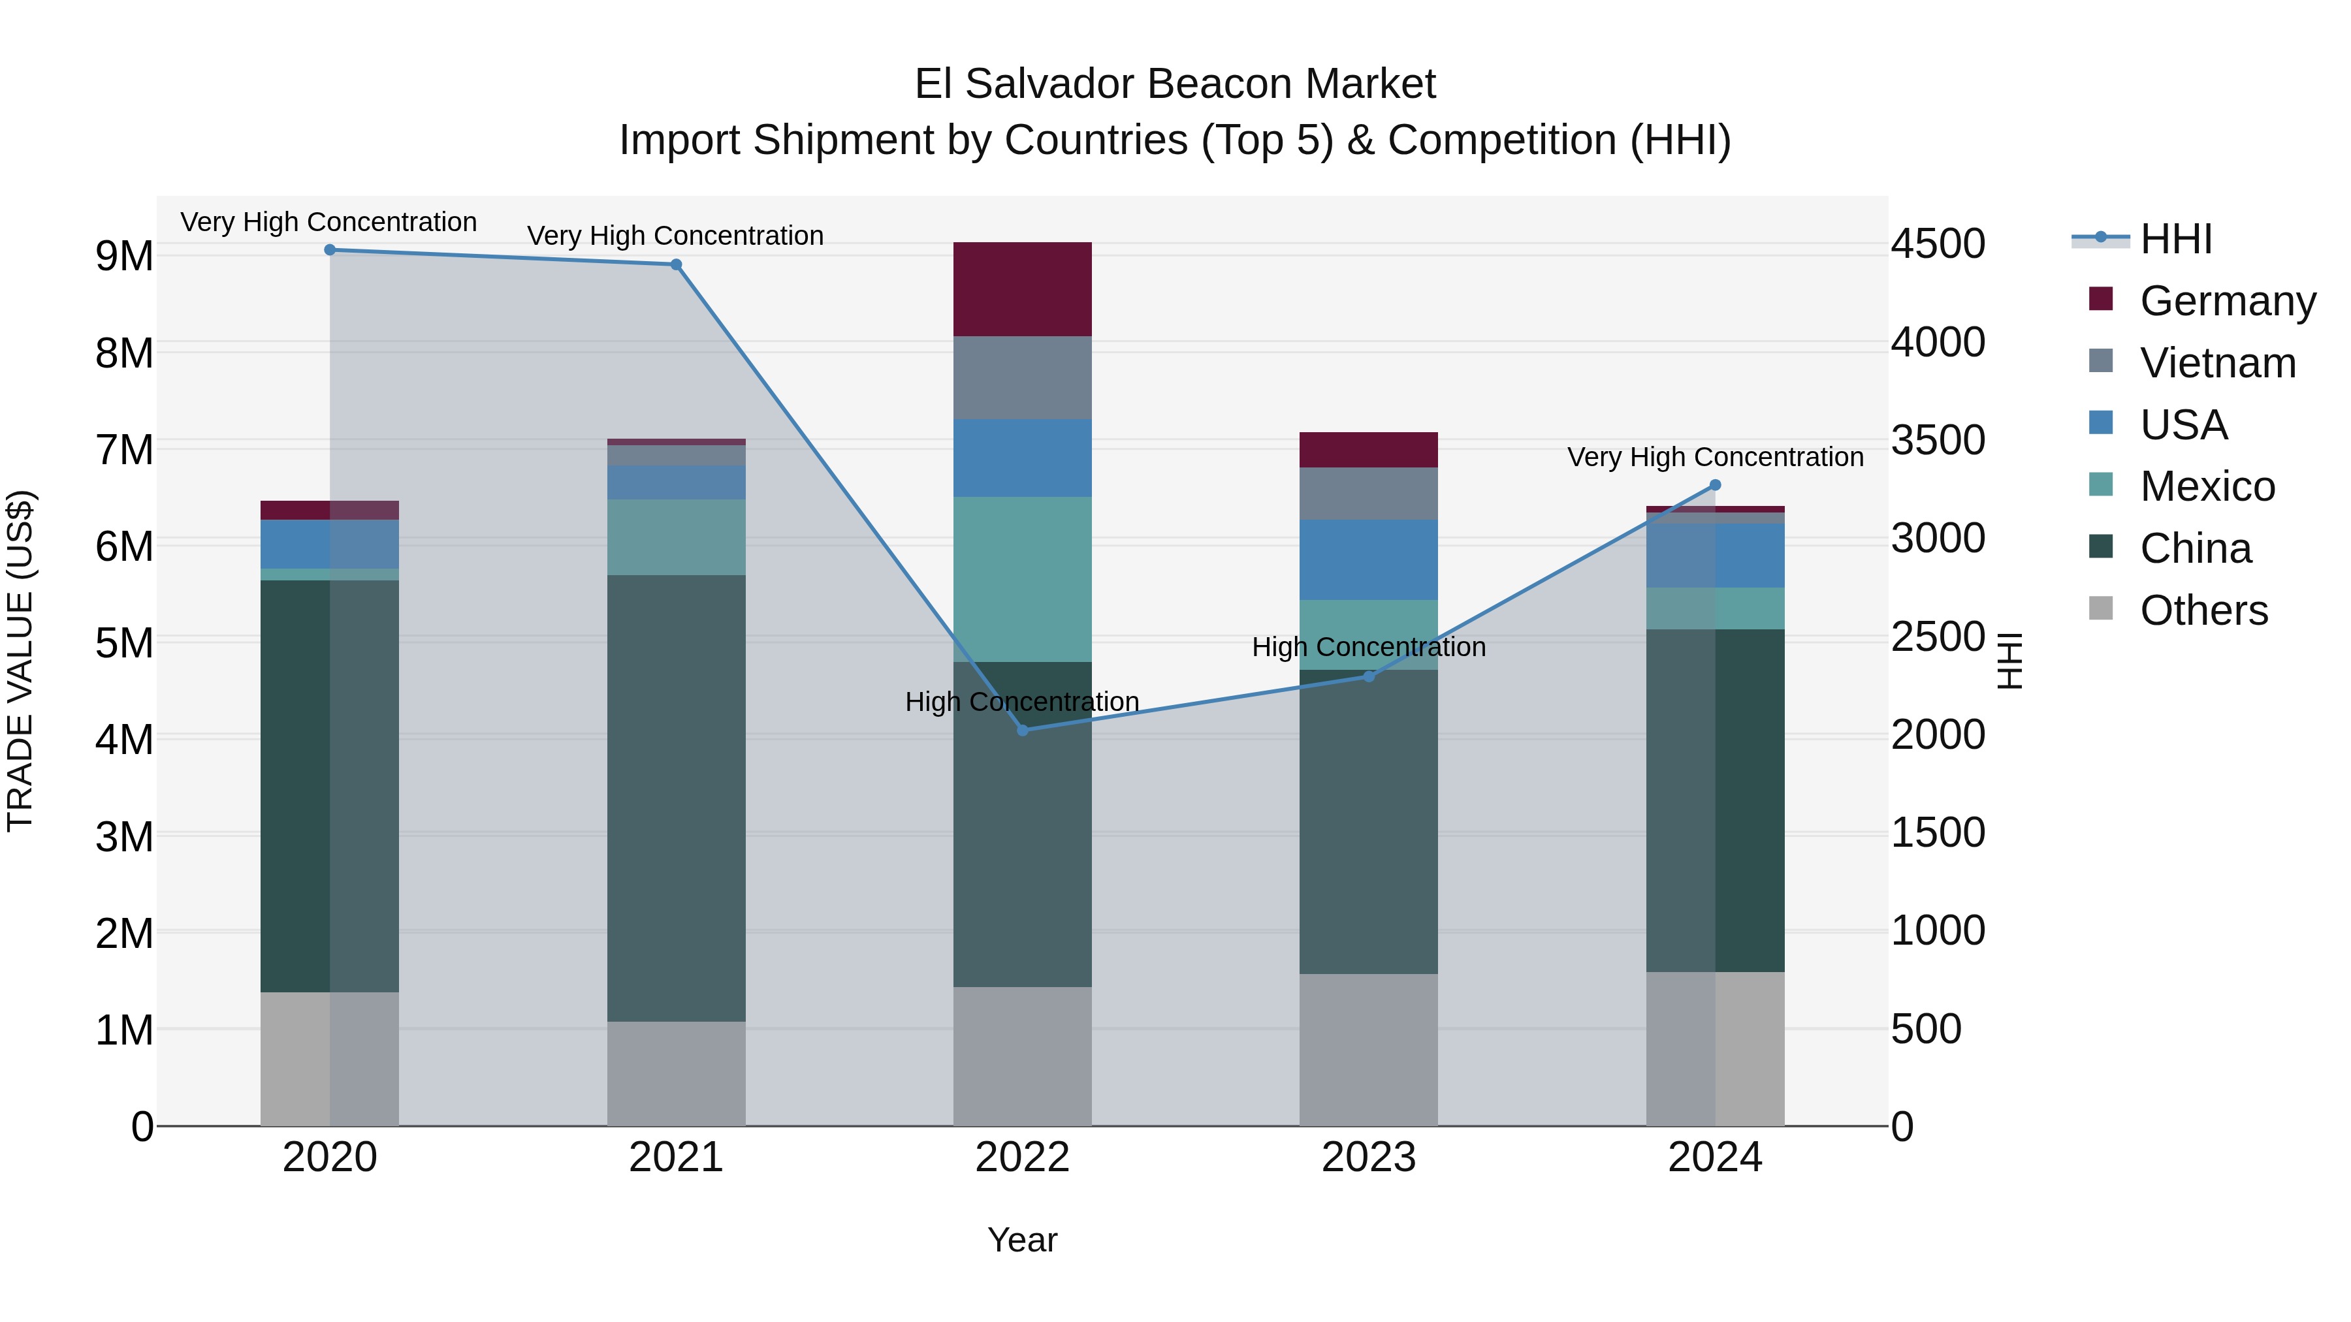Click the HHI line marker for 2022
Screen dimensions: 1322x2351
coord(1022,730)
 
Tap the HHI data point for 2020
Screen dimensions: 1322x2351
coord(330,250)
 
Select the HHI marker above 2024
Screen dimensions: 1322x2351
coord(1715,485)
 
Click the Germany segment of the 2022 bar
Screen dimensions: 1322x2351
coord(1022,289)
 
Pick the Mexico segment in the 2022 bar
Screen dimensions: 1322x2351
coord(1022,578)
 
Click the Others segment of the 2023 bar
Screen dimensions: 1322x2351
coord(1368,1049)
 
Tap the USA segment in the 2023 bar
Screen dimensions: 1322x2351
coord(1368,559)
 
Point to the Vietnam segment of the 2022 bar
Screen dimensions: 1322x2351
coord(1022,378)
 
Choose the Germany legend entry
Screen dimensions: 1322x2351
coord(2227,301)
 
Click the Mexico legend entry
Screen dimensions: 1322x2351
coord(2207,486)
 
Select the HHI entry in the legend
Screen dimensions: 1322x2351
coord(2176,239)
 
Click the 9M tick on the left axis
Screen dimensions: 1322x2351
coord(124,257)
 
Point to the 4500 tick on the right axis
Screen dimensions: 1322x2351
coord(1938,245)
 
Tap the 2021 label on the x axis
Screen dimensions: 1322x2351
coord(677,1157)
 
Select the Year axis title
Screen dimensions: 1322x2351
coord(1022,1240)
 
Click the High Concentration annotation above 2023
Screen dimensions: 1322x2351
coord(1368,647)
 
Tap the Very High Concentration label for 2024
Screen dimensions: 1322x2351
coord(1715,457)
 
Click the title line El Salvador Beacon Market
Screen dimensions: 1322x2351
coord(1175,84)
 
